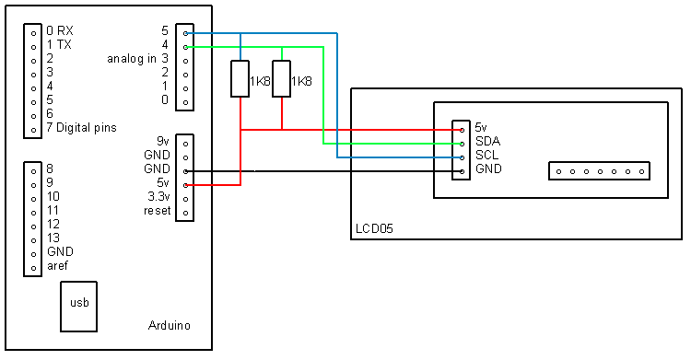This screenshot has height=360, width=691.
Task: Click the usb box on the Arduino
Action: (x=78, y=307)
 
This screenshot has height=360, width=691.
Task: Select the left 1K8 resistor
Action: (x=240, y=80)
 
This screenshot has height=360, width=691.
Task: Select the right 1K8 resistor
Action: (x=282, y=80)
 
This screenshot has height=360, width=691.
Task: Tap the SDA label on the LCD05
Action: (x=487, y=142)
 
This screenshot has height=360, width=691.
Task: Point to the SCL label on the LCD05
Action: (x=487, y=156)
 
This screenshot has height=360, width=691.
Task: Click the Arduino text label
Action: (x=170, y=327)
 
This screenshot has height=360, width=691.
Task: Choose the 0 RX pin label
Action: (x=59, y=30)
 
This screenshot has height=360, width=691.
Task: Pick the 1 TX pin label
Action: (x=59, y=44)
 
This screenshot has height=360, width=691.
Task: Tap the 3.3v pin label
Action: (x=158, y=197)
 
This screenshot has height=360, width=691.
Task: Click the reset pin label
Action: (x=158, y=211)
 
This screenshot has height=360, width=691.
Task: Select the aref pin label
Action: (x=57, y=265)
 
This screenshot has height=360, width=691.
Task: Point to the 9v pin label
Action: (x=163, y=141)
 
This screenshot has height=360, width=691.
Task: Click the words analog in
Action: (x=131, y=58)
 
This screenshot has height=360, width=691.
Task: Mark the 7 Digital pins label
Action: (x=81, y=127)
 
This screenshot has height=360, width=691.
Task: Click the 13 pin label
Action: (x=53, y=238)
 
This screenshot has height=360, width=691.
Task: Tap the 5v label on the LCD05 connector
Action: (x=483, y=128)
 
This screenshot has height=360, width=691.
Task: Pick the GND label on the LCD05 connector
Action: (x=488, y=169)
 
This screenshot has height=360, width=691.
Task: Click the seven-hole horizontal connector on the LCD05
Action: (x=599, y=171)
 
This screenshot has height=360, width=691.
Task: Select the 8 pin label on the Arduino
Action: (x=50, y=168)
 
